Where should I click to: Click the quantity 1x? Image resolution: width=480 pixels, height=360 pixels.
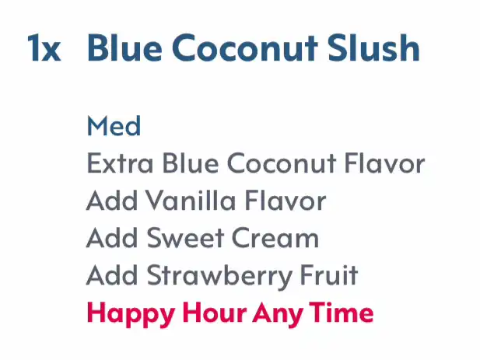click(44, 48)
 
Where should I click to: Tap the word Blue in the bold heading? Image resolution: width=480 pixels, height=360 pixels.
click(124, 47)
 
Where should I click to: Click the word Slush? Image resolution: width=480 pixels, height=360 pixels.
click(373, 47)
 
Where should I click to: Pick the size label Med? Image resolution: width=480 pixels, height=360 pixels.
click(114, 125)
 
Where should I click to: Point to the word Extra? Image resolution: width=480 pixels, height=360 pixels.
click(120, 163)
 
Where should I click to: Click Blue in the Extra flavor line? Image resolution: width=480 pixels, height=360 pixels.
click(191, 163)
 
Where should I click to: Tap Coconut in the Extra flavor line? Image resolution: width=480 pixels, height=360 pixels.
click(282, 163)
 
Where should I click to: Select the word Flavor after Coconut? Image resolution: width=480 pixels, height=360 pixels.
click(384, 163)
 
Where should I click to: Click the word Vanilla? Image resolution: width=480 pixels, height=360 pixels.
click(191, 201)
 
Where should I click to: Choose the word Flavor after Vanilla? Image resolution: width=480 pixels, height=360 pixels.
click(286, 201)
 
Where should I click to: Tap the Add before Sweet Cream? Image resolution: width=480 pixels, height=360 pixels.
click(112, 238)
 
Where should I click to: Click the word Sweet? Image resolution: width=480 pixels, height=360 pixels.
click(185, 238)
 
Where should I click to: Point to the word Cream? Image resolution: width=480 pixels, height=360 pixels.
click(275, 238)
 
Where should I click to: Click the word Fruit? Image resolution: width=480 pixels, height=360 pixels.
click(329, 275)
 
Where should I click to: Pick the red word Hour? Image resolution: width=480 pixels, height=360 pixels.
click(214, 313)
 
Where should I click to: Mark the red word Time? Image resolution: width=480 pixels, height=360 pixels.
click(342, 313)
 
